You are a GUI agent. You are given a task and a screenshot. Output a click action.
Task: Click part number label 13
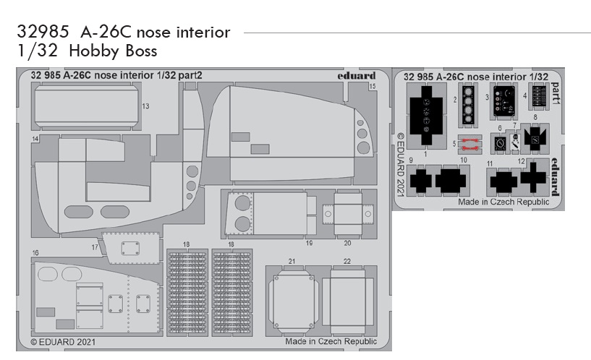tap(145, 106)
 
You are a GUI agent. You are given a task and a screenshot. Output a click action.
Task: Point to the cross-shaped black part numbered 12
tap(532, 178)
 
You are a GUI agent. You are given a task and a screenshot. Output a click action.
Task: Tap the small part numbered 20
tap(347, 214)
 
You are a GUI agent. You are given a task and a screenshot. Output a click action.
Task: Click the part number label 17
tap(95, 247)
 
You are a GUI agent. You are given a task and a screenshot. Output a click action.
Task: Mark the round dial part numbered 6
tap(501, 143)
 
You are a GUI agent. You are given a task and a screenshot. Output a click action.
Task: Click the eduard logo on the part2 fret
tap(356, 75)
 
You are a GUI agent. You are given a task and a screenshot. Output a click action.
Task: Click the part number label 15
tap(372, 86)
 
